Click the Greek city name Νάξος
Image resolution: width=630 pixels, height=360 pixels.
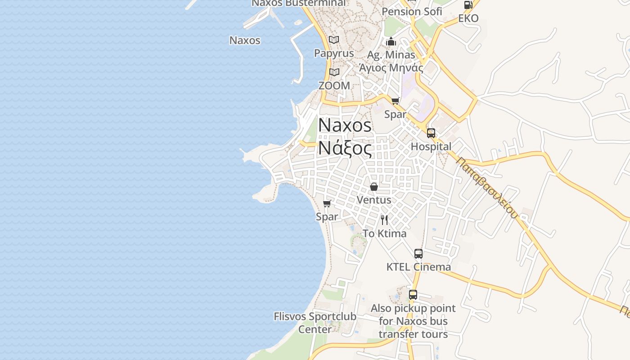point(345,148)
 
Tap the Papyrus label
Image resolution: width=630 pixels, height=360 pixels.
point(334,53)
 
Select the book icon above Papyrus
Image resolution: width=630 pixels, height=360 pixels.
point(334,40)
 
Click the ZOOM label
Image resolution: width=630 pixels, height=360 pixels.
point(334,85)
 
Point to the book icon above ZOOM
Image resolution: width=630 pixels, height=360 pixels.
point(334,72)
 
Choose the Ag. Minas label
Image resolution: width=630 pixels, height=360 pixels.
point(391,55)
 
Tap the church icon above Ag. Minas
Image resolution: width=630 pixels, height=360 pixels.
point(391,42)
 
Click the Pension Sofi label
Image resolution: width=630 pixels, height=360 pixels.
point(412,12)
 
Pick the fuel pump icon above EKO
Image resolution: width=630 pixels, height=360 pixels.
point(468,5)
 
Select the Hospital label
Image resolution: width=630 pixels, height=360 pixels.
point(431,146)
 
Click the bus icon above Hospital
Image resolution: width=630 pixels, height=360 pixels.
point(431,133)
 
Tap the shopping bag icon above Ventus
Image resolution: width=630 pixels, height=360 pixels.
point(373,186)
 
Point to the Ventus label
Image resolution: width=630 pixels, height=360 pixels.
point(373,199)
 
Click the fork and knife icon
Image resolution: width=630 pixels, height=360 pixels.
point(384,220)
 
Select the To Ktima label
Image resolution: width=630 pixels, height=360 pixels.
point(384,233)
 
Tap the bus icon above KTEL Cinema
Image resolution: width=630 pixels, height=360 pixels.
point(418,254)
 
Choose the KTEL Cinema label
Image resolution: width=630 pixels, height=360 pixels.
point(418,267)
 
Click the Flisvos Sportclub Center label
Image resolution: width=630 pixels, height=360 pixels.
point(315,323)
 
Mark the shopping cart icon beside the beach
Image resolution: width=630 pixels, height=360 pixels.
point(327,203)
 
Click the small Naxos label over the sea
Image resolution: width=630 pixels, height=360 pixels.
point(245,40)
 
